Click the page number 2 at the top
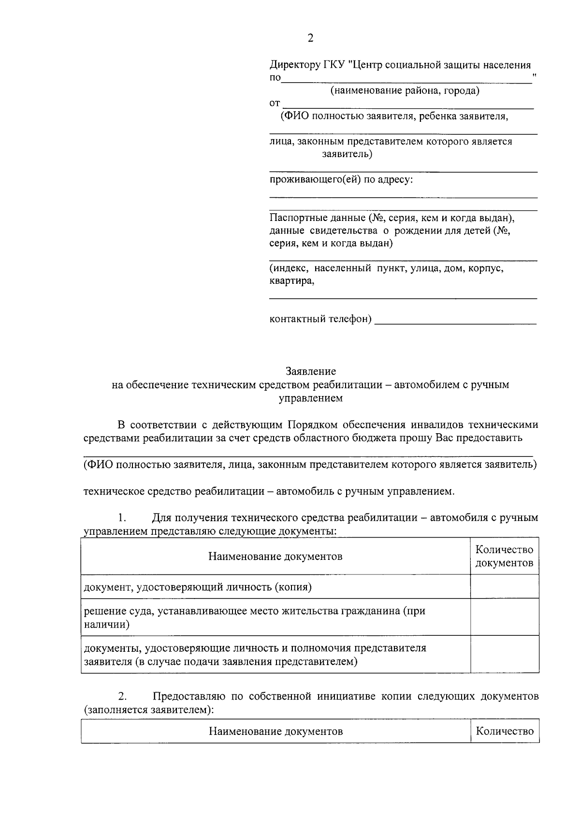(x=310, y=38)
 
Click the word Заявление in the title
(x=311, y=371)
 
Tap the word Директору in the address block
(x=294, y=65)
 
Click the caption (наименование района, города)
(x=405, y=90)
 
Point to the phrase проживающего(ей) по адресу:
(x=341, y=180)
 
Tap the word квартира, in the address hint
(x=291, y=281)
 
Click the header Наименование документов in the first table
(x=275, y=556)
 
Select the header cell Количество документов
(x=504, y=556)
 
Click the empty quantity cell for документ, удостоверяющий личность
(x=504, y=586)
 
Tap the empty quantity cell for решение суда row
(x=504, y=617)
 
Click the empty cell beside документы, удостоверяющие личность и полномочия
(x=504, y=654)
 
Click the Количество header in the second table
(x=505, y=731)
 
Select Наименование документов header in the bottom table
(x=275, y=731)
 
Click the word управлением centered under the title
(x=311, y=398)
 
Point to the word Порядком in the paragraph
(x=313, y=425)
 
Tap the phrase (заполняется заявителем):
(x=149, y=710)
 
